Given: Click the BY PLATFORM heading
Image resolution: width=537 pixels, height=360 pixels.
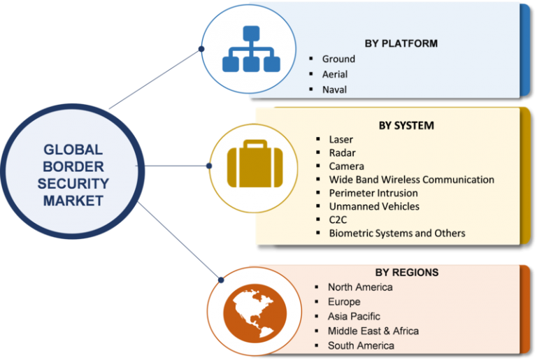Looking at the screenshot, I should point(400,43).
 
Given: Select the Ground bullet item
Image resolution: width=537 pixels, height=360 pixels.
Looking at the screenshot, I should point(338,59).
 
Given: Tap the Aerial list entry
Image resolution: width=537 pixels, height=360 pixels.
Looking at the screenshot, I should point(335,74).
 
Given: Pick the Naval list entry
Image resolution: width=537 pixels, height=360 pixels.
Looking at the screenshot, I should point(334,89).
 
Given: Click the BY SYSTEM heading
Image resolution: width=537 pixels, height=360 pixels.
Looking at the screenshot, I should point(406,126).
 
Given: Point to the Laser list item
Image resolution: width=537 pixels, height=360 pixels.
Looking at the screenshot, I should point(341,140).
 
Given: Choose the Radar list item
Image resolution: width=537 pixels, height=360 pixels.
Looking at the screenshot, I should point(342,153).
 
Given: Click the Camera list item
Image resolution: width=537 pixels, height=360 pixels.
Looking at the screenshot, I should point(346,166).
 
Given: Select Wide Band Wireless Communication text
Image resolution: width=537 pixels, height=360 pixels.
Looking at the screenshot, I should point(411,180).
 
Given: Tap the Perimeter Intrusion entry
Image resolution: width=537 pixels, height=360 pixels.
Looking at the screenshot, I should point(373,193).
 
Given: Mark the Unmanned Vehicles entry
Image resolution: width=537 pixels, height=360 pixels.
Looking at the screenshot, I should point(374,206).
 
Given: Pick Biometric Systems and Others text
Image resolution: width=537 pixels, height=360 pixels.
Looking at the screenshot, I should point(397,233).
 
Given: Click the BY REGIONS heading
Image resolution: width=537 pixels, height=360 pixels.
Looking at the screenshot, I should point(406,273).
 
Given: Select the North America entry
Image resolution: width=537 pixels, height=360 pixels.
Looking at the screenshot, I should point(360,287).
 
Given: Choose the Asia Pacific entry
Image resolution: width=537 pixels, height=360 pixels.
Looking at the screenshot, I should point(354,316).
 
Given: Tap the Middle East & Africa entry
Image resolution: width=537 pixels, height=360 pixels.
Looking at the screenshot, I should point(373,331).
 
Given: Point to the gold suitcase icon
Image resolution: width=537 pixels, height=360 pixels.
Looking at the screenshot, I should point(245,166).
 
